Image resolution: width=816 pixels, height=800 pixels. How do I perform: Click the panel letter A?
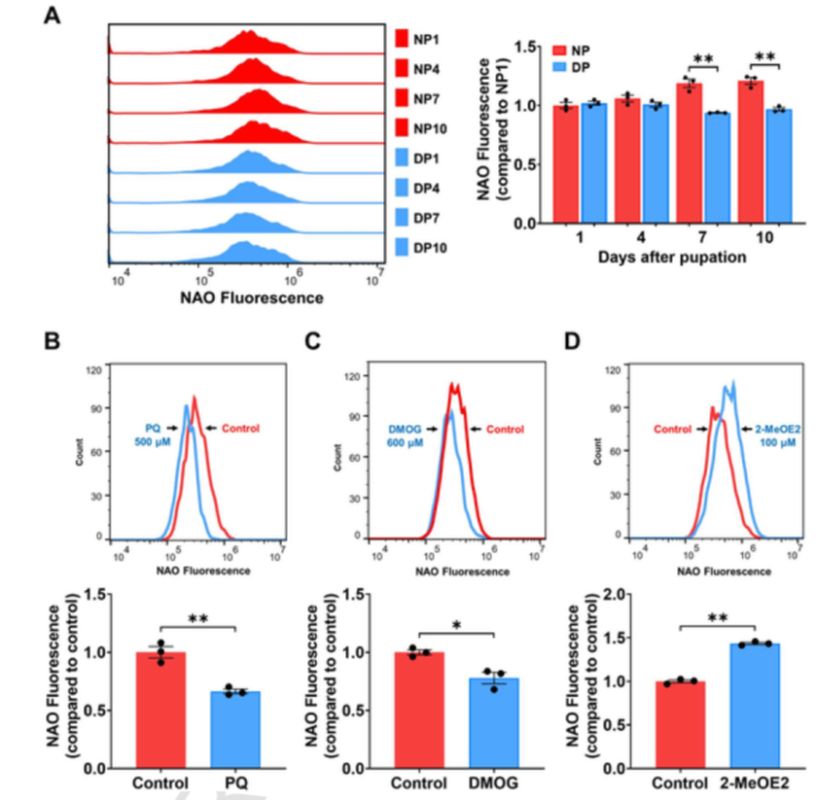coord(58,18)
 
